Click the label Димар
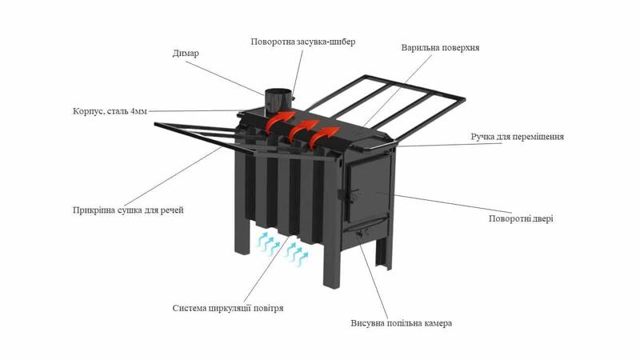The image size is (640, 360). point(186,54)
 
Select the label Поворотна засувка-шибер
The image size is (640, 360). point(303,42)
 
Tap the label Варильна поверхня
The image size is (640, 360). point(440,48)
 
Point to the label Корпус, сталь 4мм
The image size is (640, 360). point(110,111)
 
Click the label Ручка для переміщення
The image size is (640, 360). point(517,137)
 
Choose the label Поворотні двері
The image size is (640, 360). point(521,218)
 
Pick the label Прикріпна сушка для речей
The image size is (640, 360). point(128,210)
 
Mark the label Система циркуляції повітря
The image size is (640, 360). point(228,308)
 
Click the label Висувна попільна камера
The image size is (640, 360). point(402,323)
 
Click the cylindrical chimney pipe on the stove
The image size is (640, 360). point(278,103)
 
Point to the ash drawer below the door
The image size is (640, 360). point(366,234)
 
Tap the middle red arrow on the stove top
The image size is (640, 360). point(303,130)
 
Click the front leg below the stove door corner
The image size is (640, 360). point(331,265)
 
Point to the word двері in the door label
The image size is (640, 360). point(542,218)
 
